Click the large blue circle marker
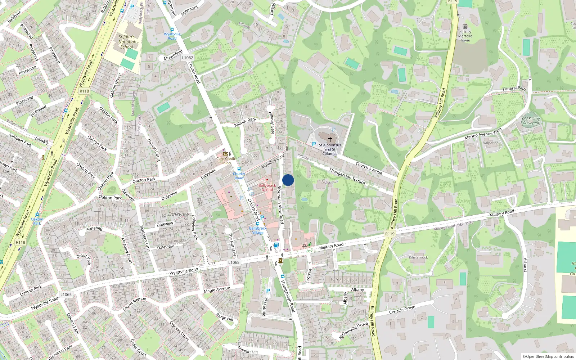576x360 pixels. (x=288, y=180)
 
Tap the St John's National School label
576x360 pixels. (x=127, y=42)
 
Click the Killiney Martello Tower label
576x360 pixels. (x=465, y=36)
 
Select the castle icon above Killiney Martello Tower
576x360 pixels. (x=465, y=27)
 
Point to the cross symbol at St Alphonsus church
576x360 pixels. (x=330, y=139)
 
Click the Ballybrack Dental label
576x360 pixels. (x=267, y=188)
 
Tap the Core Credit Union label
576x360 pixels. (x=226, y=161)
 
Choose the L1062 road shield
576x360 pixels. (x=188, y=58)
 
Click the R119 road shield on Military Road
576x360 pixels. (x=390, y=234)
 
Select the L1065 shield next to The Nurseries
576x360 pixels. (x=234, y=262)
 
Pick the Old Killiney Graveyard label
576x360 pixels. (x=531, y=121)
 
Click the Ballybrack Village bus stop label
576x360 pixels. (x=258, y=230)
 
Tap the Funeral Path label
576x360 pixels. (x=514, y=88)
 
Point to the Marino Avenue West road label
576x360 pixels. (x=483, y=134)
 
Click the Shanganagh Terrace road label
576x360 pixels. (x=347, y=176)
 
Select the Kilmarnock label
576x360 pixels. (x=418, y=257)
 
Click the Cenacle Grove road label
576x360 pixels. (x=402, y=310)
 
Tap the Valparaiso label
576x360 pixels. (x=491, y=143)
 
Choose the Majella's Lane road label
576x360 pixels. (x=273, y=161)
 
